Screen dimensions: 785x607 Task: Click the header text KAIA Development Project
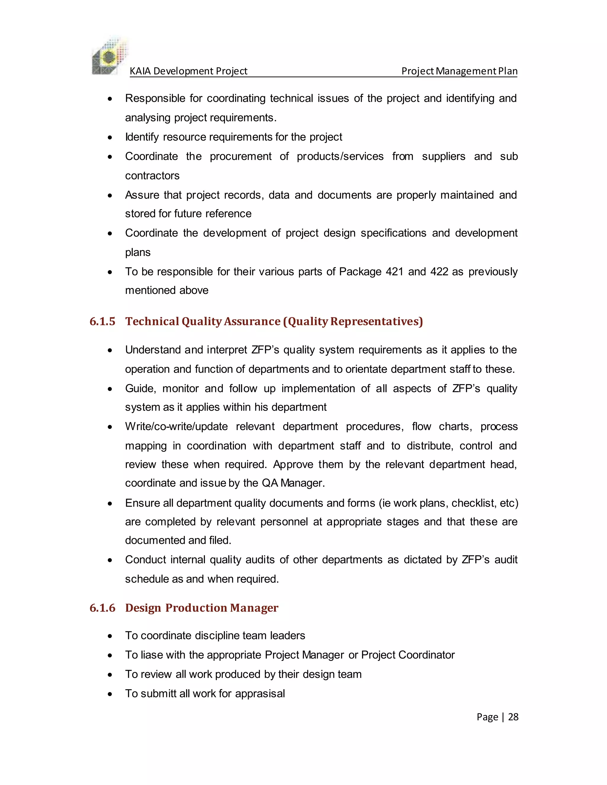[188, 71]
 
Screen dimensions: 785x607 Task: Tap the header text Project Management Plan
[459, 71]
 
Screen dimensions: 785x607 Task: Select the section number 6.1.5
[103, 321]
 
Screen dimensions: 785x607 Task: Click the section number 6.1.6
[103, 608]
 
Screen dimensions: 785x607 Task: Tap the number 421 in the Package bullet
[394, 272]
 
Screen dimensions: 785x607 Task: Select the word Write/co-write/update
[176, 427]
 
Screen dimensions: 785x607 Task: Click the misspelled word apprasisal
[260, 693]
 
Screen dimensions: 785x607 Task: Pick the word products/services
[340, 156]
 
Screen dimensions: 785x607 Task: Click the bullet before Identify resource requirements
[110, 138]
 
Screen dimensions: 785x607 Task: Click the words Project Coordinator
[408, 655]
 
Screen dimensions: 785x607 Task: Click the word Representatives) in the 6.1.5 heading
[376, 321]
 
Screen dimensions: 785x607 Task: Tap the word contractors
[152, 176]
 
